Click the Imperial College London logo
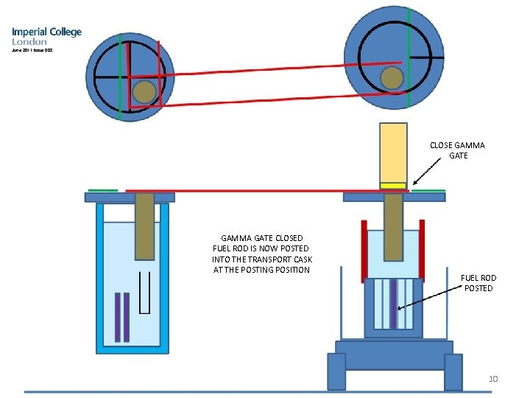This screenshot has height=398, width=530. click(x=46, y=37)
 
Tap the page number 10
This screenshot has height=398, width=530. click(x=494, y=379)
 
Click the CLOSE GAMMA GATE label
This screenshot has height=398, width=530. click(x=457, y=151)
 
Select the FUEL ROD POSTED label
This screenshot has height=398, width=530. click(x=478, y=283)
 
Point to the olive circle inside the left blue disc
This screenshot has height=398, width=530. click(x=144, y=91)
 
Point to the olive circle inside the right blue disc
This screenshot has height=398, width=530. click(x=392, y=77)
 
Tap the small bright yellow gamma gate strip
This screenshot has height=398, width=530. click(x=393, y=185)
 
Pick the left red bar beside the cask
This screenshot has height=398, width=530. click(x=364, y=251)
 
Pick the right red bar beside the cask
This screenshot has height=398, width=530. click(x=423, y=251)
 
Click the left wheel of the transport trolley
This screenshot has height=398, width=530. click(x=336, y=371)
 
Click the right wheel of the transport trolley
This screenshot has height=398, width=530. click(x=453, y=371)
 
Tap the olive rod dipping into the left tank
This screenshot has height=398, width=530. click(x=144, y=221)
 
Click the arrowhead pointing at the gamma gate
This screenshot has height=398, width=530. click(x=415, y=184)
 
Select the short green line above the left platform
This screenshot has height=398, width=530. click(x=102, y=189)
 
